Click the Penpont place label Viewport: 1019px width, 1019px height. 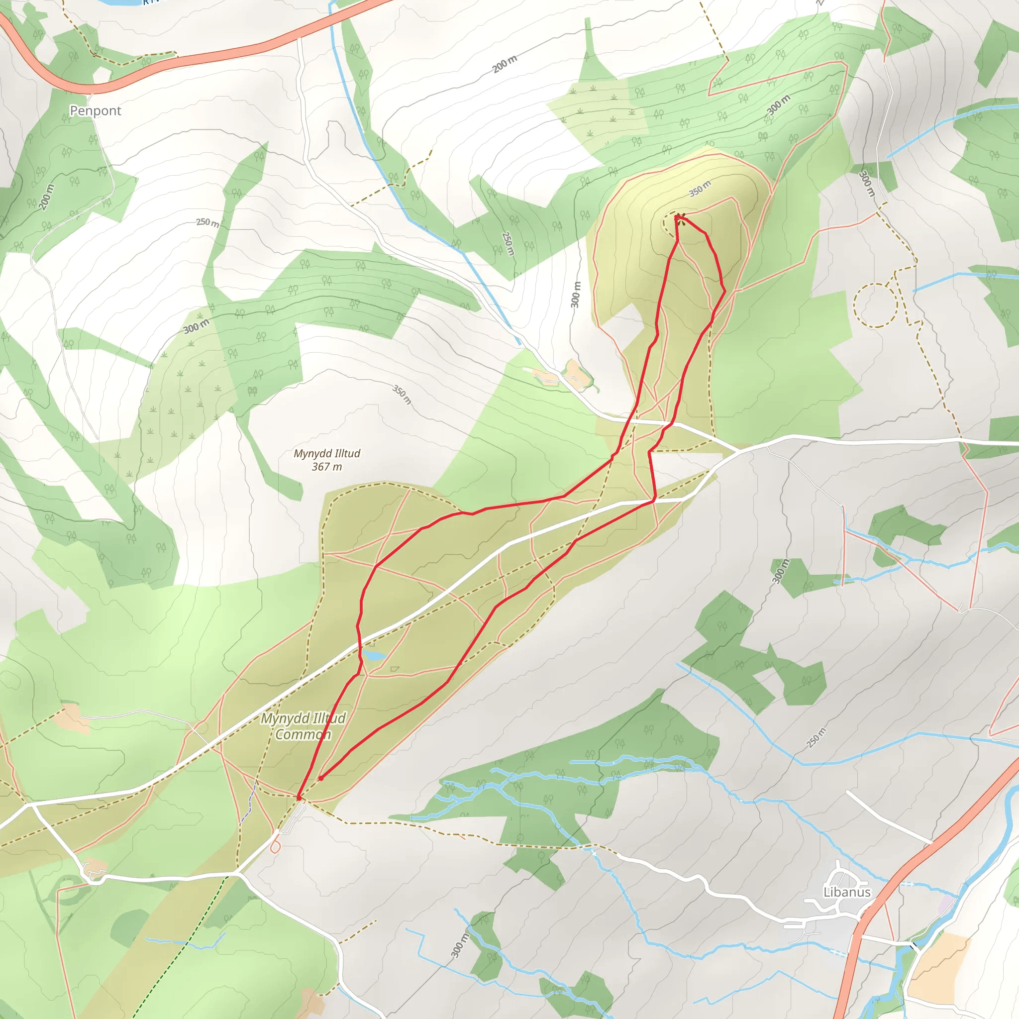(96, 111)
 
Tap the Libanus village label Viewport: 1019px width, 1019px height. (847, 892)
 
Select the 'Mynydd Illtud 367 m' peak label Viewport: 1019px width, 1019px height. (327, 460)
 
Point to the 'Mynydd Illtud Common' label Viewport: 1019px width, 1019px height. (304, 726)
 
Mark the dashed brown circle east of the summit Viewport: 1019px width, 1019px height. (875, 305)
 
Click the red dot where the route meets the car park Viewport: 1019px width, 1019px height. (299, 798)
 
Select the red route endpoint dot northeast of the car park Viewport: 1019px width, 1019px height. (321, 778)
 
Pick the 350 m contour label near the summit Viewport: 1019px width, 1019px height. (700, 188)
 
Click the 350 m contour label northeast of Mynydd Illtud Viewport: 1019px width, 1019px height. (402, 394)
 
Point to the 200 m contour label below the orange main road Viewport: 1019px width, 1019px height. (505, 64)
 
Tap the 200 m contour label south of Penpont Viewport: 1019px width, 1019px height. (46, 197)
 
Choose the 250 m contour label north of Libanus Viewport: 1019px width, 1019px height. (816, 737)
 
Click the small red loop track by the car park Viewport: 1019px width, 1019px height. (275, 847)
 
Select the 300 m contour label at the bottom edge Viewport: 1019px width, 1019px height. (459, 946)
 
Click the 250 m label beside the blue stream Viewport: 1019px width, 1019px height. (508, 243)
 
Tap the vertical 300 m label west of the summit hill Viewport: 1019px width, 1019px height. (576, 295)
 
